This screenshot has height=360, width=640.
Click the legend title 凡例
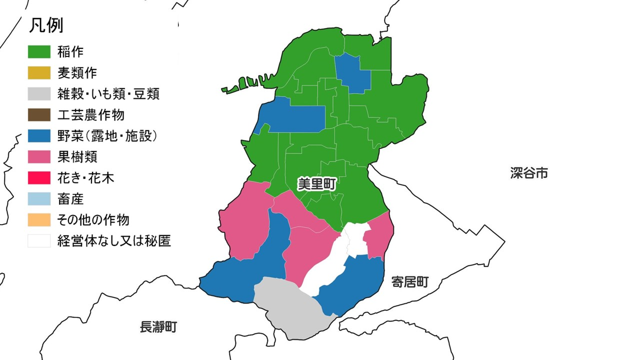point(45,26)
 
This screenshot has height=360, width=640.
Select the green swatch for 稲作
point(39,51)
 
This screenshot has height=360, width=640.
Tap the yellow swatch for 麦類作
point(39,72)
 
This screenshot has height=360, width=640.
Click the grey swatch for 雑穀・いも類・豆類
point(39,93)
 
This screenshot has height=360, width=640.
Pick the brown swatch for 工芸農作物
point(39,114)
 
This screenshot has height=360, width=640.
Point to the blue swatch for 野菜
point(39,135)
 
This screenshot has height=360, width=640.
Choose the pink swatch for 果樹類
point(39,156)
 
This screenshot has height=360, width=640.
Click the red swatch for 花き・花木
point(39,177)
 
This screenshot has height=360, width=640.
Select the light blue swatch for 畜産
point(39,198)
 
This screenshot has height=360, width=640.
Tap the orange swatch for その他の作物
point(39,219)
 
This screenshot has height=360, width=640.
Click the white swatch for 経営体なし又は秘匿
point(39,240)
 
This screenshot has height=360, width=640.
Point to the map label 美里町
point(316,184)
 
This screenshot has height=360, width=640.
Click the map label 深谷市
point(529,173)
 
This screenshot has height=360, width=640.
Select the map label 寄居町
point(410,282)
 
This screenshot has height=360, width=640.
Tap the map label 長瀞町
point(158,327)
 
